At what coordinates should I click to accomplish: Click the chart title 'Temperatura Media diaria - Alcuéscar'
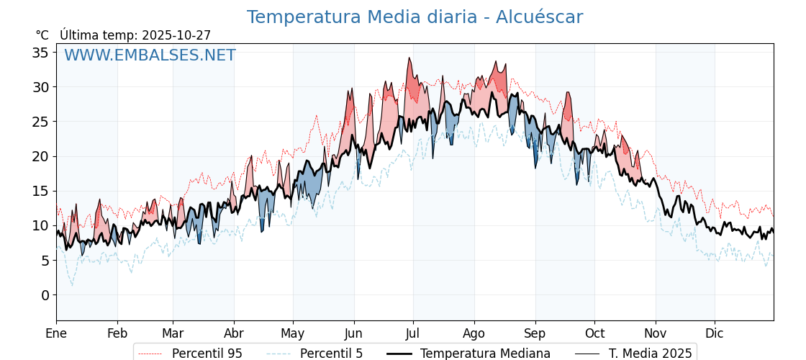415,17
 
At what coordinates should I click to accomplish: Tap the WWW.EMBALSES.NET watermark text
150,55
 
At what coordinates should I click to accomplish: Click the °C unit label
42,35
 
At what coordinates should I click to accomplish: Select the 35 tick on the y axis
40,53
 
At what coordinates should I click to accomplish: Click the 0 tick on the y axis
45,295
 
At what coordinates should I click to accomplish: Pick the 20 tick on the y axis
40,156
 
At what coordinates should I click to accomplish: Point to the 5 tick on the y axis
45,261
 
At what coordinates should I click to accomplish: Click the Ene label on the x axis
56,333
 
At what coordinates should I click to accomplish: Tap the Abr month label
233,333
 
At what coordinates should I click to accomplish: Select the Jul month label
413,333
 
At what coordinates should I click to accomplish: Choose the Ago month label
474,333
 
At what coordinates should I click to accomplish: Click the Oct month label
594,333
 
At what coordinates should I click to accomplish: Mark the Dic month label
715,333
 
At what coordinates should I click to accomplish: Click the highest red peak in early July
409,59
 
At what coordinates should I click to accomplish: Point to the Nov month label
655,333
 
